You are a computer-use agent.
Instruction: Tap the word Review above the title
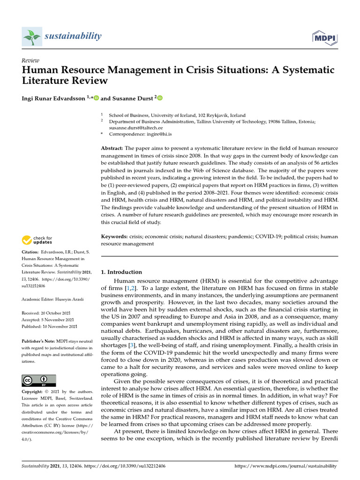click(x=30, y=60)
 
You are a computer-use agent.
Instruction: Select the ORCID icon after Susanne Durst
click(x=160, y=98)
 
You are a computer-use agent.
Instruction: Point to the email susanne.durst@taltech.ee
click(x=136, y=127)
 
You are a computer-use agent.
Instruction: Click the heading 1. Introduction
click(x=121, y=272)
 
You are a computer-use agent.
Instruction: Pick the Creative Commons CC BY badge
click(x=39, y=380)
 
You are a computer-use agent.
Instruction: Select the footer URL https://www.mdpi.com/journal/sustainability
click(x=285, y=466)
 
